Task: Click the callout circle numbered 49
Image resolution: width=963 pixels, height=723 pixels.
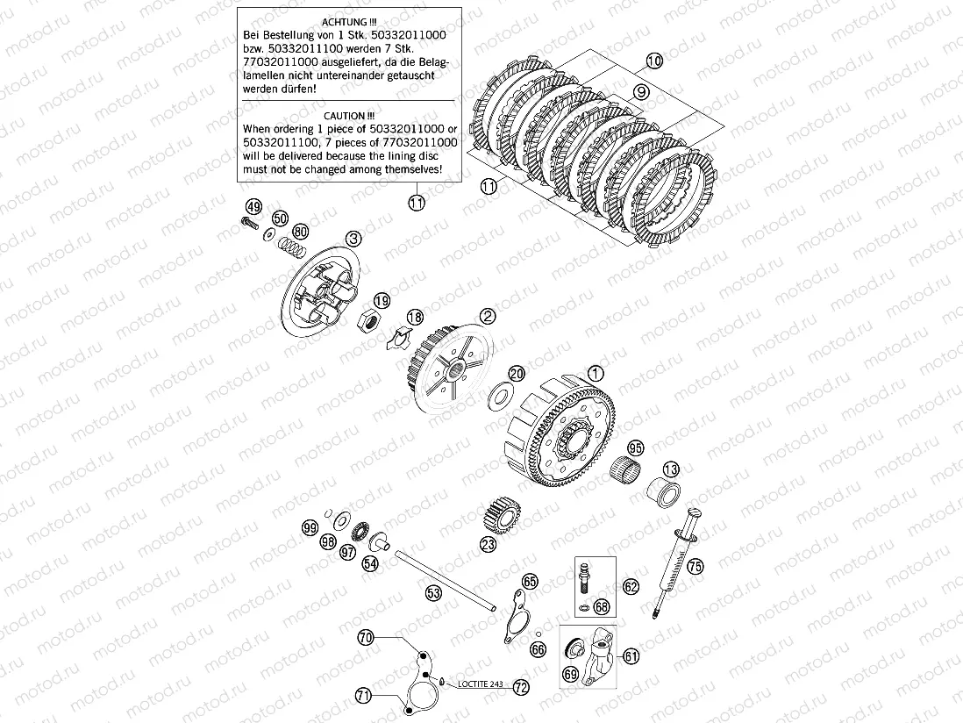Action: (253, 207)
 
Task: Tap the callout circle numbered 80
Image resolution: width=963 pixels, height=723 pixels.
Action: (300, 233)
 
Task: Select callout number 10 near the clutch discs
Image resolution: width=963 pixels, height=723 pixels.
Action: (654, 61)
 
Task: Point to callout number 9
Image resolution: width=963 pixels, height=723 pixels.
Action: (640, 92)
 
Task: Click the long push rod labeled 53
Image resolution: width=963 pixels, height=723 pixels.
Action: (446, 580)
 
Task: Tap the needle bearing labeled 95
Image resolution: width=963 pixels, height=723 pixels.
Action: (626, 470)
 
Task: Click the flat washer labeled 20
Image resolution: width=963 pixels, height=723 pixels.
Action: (501, 397)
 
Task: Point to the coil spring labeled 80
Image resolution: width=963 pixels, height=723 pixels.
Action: (293, 247)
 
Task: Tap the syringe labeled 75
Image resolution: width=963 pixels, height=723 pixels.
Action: (674, 562)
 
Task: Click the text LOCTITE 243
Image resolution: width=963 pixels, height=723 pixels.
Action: (481, 684)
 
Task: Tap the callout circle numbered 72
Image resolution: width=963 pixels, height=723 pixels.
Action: (521, 687)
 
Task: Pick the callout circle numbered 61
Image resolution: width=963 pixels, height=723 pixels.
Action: (631, 656)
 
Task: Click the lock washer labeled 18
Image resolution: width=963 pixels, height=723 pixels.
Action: (397, 337)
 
